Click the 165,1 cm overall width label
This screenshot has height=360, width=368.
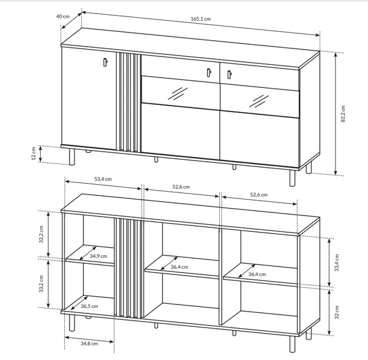point(201,19)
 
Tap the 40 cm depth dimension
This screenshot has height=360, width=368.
point(63,16)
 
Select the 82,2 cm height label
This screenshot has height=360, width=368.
point(343,114)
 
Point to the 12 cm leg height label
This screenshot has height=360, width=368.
point(34,153)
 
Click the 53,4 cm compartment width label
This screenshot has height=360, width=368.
point(103,179)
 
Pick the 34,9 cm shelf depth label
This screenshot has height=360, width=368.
point(98,256)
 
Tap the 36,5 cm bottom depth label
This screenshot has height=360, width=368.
point(90,306)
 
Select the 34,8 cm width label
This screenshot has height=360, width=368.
point(89,343)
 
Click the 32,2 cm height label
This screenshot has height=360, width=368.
point(41,234)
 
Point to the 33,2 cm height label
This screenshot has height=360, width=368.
point(41,284)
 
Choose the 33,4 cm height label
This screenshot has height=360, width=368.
point(337,263)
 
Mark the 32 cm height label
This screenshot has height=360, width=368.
point(337,312)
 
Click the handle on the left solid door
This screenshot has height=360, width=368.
point(105,62)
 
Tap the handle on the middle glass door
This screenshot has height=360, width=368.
point(209,73)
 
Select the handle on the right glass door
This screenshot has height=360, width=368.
point(229,75)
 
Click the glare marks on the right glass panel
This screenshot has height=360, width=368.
point(259,102)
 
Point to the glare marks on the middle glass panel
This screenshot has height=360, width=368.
point(178,94)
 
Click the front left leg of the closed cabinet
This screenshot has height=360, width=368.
point(72,157)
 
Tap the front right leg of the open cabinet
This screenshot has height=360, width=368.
point(292,344)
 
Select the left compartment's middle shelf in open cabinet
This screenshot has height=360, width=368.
point(90,256)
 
